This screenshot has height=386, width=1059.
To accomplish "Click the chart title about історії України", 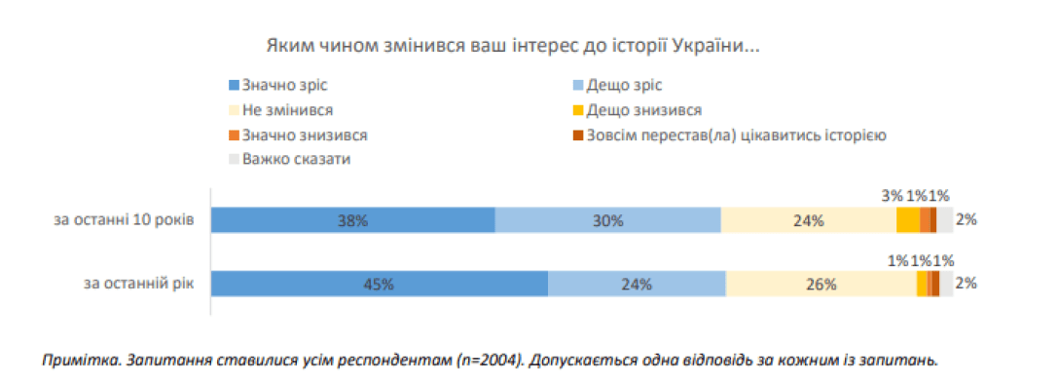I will tap(512, 46).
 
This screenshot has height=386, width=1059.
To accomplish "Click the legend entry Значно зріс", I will tap(271, 86).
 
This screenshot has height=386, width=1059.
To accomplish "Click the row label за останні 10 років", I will tap(125, 220).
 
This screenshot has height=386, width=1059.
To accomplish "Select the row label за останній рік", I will tap(139, 284).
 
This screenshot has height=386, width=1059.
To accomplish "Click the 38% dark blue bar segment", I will tap(353, 220).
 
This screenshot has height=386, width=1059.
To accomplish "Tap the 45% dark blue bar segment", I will tap(380, 284).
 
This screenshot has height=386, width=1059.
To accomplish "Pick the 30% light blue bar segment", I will tap(608, 220).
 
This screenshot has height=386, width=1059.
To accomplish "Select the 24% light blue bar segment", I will tap(637, 284).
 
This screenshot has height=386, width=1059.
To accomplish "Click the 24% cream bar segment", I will tap(808, 220).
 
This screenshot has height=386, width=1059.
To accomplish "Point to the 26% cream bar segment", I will tap(821, 284).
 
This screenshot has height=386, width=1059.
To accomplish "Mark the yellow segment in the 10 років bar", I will tap(907, 220).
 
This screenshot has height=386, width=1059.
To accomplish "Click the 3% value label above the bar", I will tap(893, 195).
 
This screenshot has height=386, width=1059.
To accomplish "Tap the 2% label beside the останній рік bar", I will tap(966, 284).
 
